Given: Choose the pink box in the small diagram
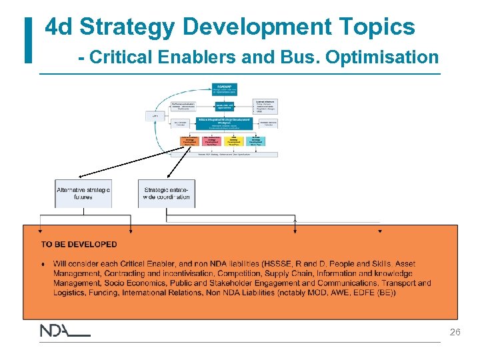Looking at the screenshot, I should click(212, 141).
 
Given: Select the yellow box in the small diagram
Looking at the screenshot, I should click(233, 141).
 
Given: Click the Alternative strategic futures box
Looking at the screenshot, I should click(83, 193).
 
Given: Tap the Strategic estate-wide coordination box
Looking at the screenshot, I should click(167, 193).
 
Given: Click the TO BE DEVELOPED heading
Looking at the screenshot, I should click(79, 245).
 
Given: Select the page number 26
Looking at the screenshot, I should click(455, 331).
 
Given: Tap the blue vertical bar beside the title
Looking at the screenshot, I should click(28, 41).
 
